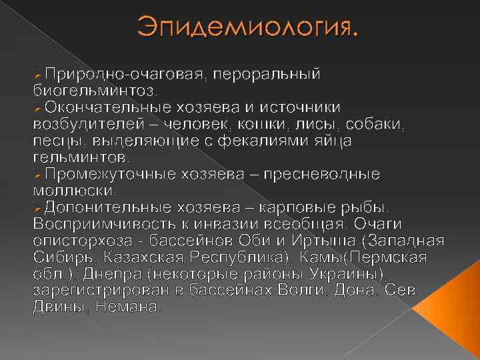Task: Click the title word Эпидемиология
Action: (x=247, y=28)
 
